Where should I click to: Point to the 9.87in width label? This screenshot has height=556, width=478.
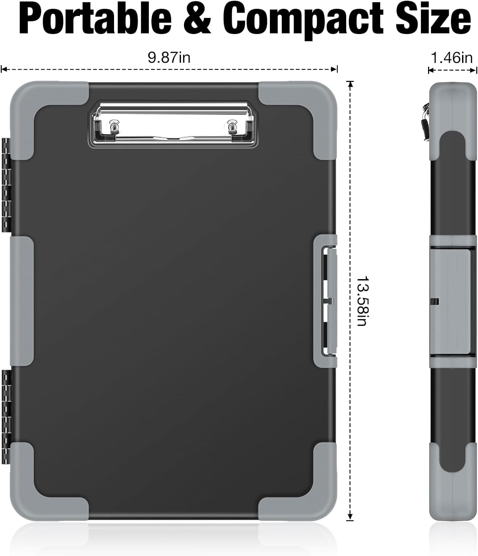tap(169, 57)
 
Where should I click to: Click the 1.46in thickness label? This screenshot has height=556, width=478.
tap(451, 57)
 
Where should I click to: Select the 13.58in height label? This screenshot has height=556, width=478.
tap(362, 301)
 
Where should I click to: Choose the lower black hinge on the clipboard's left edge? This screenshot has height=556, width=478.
tap(5, 416)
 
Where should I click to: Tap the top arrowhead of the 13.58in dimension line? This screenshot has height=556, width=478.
tap(350, 83)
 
